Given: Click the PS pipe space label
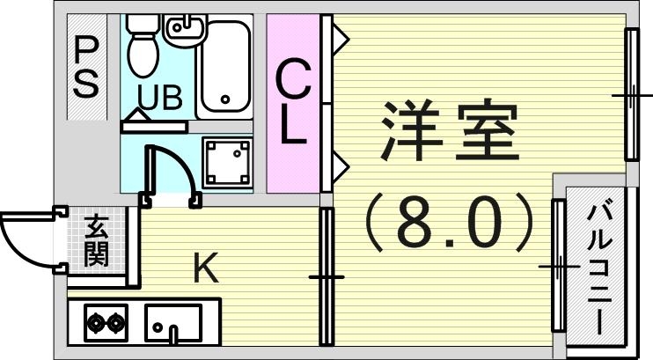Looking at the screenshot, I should [x=85, y=68].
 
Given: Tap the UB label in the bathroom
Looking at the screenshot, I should [x=159, y=98].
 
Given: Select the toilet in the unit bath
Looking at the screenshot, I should [x=142, y=48].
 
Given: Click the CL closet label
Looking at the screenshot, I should [x=294, y=103].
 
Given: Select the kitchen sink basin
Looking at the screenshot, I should [x=172, y=323].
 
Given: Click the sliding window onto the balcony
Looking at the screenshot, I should [x=558, y=264].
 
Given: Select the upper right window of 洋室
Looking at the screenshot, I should [x=631, y=94].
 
